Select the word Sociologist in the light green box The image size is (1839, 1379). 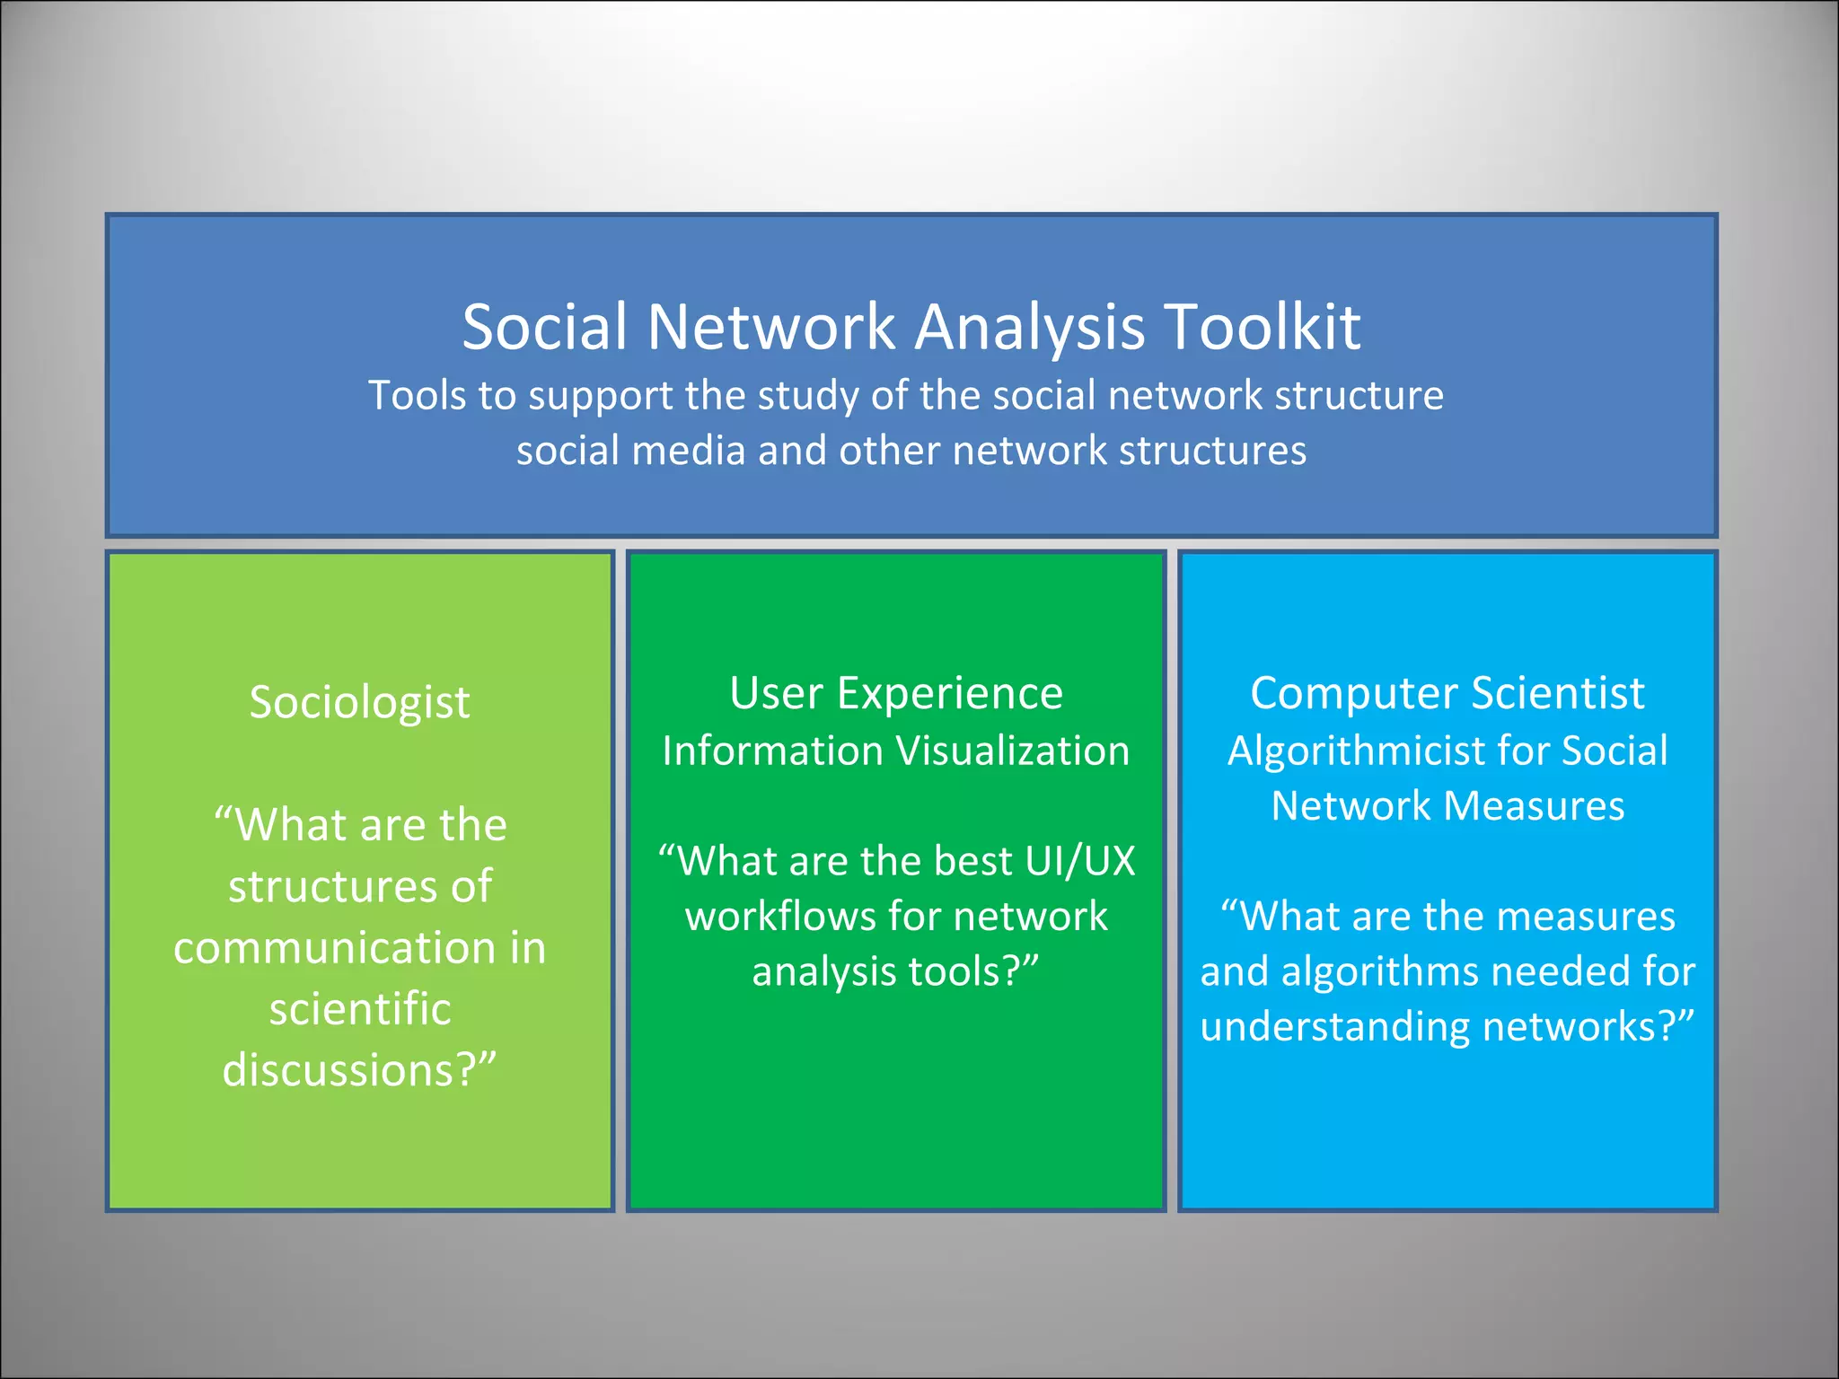(x=359, y=702)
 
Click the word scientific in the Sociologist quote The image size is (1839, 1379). (x=359, y=1009)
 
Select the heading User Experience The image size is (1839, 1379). (x=896, y=693)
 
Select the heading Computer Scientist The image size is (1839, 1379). (x=1447, y=693)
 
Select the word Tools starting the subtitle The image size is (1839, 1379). (x=417, y=396)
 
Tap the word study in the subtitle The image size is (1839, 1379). (x=815, y=396)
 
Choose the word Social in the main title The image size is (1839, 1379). (x=544, y=326)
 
